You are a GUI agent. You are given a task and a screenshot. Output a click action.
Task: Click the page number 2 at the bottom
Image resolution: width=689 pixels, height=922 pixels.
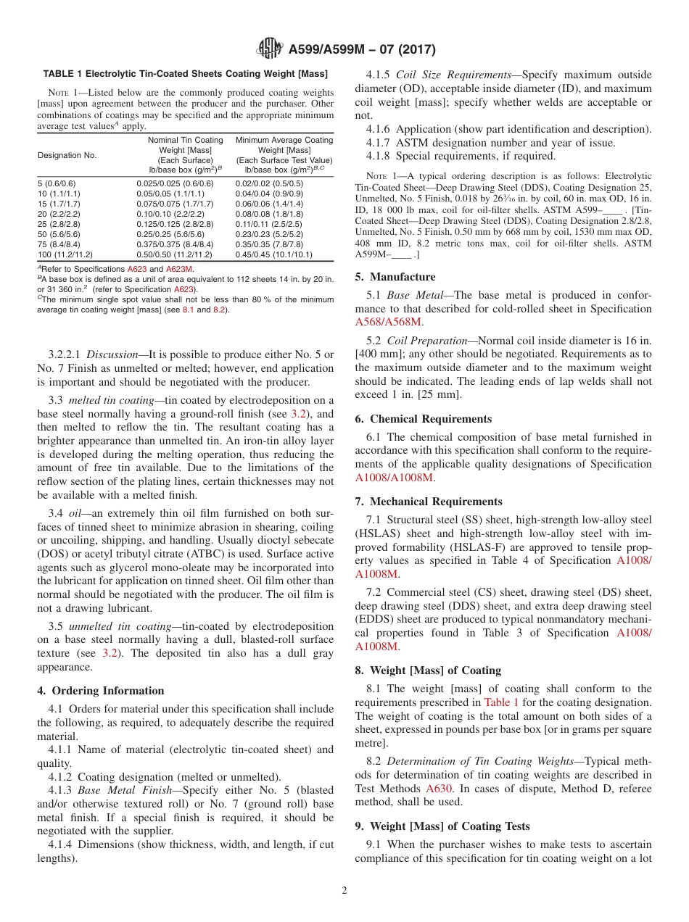[344, 890]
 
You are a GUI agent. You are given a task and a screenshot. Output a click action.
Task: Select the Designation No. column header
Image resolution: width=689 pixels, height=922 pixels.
[67, 155]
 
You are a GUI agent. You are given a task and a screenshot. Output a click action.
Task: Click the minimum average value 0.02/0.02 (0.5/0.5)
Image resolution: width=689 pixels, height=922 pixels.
[269, 184]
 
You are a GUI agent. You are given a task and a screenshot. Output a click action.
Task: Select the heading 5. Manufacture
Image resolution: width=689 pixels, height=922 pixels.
[395, 277]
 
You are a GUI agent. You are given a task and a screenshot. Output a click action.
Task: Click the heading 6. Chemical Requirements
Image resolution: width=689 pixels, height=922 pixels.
[424, 419]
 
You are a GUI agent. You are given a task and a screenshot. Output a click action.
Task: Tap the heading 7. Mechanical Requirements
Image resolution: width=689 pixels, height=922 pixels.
[429, 502]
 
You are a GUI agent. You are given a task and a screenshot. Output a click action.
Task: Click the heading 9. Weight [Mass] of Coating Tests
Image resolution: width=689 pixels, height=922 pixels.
[442, 826]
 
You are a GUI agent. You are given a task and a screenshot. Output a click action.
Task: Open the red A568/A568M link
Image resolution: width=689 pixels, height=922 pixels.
[389, 322]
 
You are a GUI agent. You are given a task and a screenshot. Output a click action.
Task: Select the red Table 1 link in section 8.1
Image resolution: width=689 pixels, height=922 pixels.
[501, 702]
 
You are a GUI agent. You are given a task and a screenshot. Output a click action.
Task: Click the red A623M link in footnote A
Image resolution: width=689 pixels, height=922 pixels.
[179, 269]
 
